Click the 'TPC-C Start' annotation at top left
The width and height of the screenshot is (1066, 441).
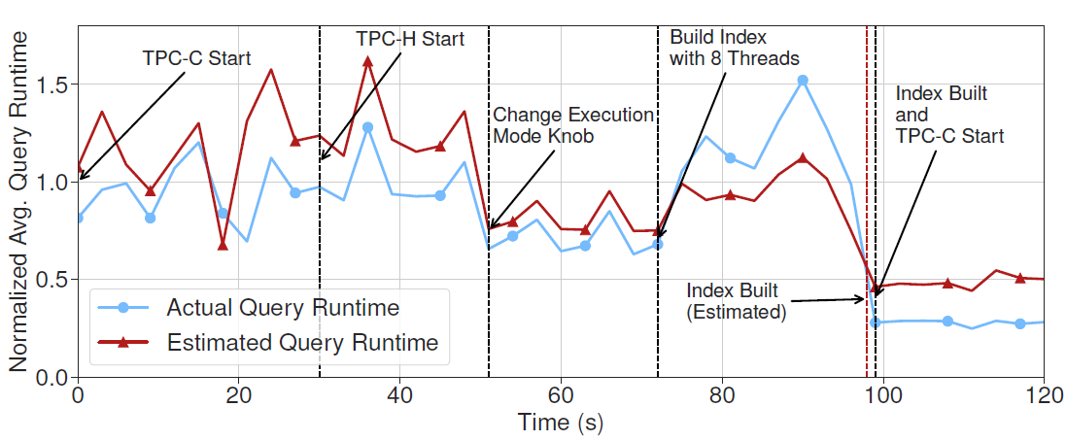tap(196, 58)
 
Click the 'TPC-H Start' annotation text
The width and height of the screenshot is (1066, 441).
tap(409, 39)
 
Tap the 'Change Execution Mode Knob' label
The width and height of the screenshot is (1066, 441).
tap(573, 125)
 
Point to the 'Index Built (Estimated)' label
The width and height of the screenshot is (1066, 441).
tap(736, 301)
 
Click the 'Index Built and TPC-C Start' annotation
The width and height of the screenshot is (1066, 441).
tap(948, 115)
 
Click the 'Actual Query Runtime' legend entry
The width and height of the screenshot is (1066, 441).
tap(283, 308)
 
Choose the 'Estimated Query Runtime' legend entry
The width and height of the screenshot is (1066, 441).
tap(302, 342)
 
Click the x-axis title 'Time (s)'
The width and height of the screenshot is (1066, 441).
tap(561, 424)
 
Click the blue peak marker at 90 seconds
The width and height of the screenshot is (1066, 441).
tap(802, 80)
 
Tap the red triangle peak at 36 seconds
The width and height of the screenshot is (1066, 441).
tap(367, 61)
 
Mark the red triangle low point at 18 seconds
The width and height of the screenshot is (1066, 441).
tap(223, 245)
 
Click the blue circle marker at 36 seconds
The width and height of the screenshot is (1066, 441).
tap(367, 127)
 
